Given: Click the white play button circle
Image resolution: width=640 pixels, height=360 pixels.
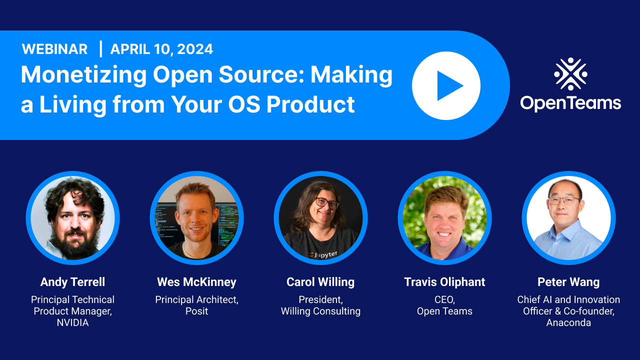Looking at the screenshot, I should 446,85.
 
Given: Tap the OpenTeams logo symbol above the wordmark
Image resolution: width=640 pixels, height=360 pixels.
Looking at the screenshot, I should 570,74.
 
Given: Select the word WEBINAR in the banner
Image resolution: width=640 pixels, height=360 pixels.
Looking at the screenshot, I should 54,49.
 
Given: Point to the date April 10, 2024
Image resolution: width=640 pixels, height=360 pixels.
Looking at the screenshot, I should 161,49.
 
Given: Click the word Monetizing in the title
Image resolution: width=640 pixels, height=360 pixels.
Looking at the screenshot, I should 83,75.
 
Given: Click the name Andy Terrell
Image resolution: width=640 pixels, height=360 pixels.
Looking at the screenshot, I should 72,282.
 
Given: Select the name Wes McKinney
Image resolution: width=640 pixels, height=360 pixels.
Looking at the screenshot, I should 196,282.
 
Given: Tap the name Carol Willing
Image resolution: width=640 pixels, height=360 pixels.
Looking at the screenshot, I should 320,282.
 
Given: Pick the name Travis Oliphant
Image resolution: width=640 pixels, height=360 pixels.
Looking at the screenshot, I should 444,282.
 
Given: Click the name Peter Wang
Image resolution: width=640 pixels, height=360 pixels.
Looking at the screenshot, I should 568,282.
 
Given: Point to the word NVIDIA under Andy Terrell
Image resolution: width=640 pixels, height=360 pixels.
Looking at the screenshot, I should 72,322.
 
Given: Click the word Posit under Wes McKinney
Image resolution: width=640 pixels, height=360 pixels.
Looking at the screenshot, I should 196,311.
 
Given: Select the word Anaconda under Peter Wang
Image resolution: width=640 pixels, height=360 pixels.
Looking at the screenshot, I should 568,322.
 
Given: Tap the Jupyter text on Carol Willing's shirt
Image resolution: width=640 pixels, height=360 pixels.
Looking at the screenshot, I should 325,254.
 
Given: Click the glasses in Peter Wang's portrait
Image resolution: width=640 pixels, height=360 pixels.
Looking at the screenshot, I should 563,200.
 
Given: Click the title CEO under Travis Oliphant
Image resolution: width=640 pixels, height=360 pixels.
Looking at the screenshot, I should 444,299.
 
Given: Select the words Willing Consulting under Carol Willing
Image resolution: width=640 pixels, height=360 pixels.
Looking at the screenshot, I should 320,311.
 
